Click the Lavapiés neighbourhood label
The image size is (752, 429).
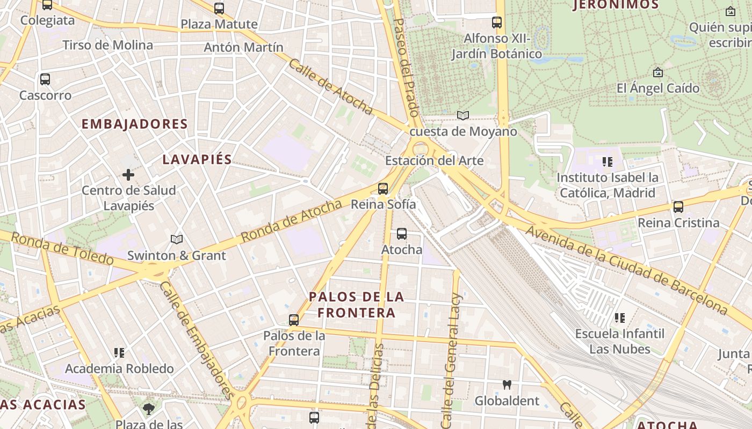(x=197, y=159)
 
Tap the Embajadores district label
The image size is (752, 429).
(x=134, y=124)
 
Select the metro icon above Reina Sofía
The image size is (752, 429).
(x=382, y=189)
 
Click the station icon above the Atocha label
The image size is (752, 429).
(x=402, y=234)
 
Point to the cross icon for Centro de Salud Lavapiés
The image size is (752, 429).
(x=128, y=174)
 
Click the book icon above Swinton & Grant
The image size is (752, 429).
(x=177, y=239)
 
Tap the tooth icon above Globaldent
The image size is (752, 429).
(x=507, y=384)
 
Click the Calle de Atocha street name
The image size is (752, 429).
(x=331, y=87)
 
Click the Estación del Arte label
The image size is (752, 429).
(x=434, y=160)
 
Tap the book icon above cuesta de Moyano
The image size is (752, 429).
(x=462, y=115)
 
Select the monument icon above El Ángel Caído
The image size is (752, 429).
(x=657, y=72)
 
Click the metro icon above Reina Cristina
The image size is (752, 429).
(x=678, y=207)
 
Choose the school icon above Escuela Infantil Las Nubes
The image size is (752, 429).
(x=620, y=318)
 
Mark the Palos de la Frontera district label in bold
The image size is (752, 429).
(x=357, y=305)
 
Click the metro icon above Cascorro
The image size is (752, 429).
(x=45, y=79)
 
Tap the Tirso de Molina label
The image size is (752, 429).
(x=108, y=45)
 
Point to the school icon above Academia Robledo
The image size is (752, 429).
(x=119, y=353)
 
